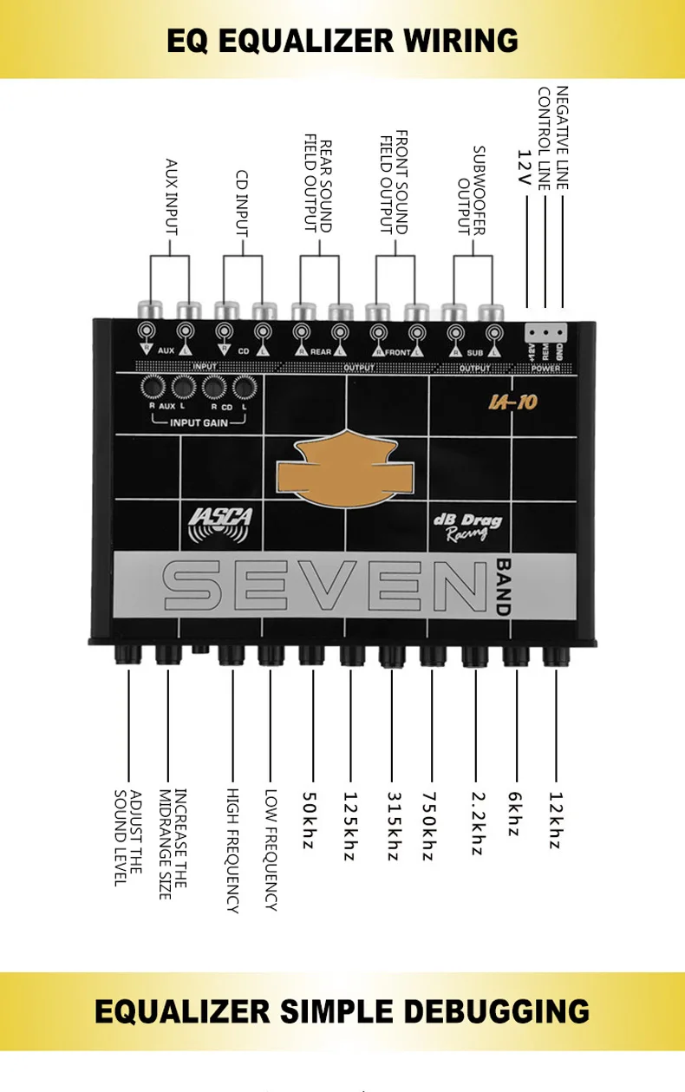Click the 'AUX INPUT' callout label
click(x=171, y=196)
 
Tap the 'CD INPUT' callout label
click(x=242, y=203)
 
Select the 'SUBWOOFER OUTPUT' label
click(x=471, y=191)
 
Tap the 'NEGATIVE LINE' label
click(x=562, y=138)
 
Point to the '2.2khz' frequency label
click(x=475, y=822)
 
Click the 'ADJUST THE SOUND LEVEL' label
click(x=127, y=837)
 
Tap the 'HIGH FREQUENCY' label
click(x=232, y=850)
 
